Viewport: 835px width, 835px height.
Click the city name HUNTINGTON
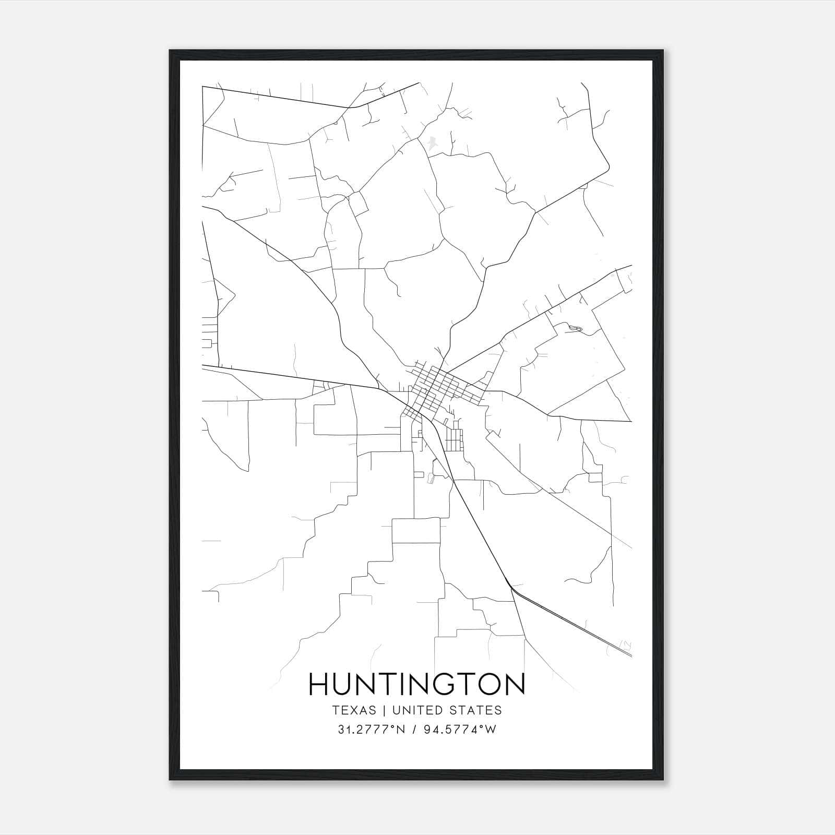[x=417, y=684]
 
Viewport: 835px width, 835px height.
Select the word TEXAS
[x=353, y=710]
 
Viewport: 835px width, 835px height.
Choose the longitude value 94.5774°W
[x=459, y=730]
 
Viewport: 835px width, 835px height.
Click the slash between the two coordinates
[x=413, y=730]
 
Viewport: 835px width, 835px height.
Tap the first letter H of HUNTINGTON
[x=319, y=684]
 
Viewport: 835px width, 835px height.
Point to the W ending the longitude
[x=490, y=730]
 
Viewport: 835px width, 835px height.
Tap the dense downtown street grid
[x=438, y=389]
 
